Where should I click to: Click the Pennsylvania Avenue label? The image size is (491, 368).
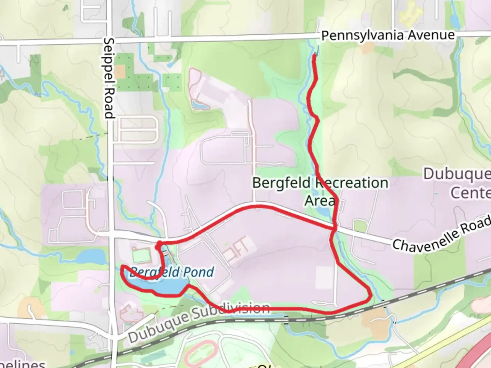coord(388,35)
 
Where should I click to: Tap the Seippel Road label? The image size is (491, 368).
coord(109,78)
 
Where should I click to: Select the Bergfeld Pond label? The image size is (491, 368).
coord(172,272)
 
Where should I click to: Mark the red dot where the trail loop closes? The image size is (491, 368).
coord(159,244)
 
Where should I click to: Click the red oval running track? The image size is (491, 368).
coord(201,354)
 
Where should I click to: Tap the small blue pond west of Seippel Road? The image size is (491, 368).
coord(91,256)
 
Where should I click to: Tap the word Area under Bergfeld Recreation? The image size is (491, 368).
coord(319,201)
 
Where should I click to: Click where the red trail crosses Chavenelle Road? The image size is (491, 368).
coord(334,228)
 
